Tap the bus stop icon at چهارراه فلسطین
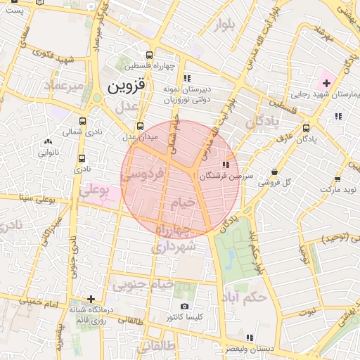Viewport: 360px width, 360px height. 148,55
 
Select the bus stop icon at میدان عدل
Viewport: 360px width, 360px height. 141,126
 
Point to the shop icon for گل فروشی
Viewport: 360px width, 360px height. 274,172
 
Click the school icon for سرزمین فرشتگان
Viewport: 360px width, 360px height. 224,165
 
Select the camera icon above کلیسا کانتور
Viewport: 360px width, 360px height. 184,307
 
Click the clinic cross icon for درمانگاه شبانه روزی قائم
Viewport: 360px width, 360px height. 90,299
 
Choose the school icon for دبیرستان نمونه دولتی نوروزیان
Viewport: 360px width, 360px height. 186,78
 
